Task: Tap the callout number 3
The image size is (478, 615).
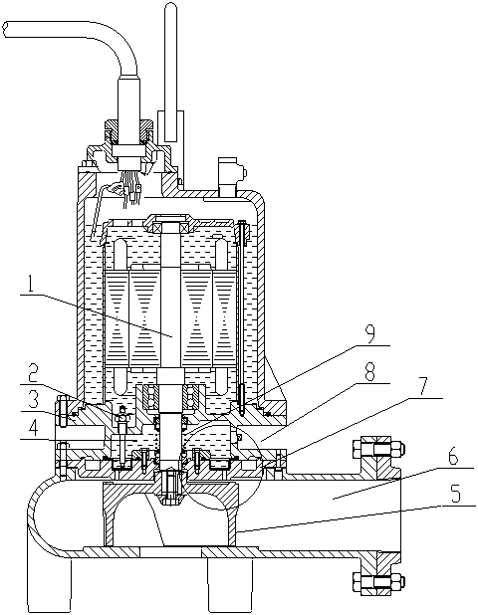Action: point(33,400)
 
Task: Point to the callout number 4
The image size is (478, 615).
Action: point(33,429)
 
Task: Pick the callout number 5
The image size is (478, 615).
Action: point(455,495)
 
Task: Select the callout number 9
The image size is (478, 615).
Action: point(369,333)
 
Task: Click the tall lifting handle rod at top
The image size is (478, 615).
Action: point(170,73)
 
